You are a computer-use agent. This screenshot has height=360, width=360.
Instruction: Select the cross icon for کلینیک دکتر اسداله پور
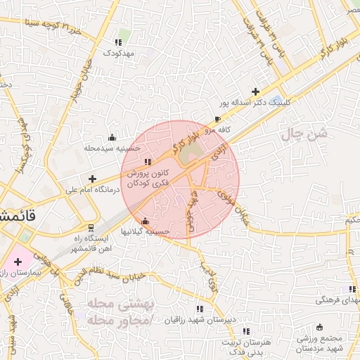pyautogui.click(x=255, y=91)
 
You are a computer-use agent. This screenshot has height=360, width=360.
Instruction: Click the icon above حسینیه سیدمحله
pyautogui.click(x=112, y=137)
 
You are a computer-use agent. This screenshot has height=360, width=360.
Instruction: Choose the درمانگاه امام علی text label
pyautogui.click(x=92, y=189)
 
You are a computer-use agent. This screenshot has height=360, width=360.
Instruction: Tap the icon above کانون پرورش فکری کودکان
pyautogui.click(x=146, y=163)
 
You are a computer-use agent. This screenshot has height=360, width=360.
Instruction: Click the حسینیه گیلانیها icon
pyautogui.click(x=146, y=221)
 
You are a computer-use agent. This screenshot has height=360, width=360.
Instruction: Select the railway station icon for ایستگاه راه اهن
pyautogui.click(x=91, y=228)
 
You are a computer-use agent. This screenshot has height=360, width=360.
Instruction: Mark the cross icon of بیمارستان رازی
pyautogui.click(x=17, y=262)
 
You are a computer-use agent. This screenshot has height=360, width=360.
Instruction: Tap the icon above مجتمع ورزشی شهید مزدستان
pyautogui.click(x=320, y=327)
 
